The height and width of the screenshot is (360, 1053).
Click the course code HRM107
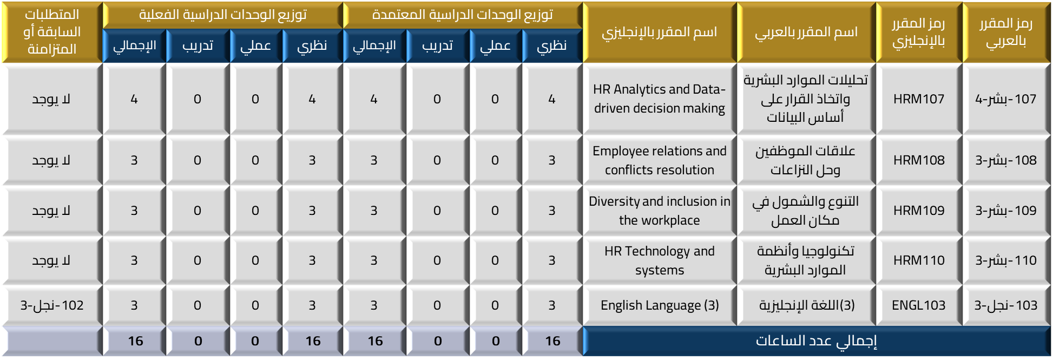click(x=919, y=99)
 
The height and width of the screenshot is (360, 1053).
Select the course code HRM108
click(x=919, y=160)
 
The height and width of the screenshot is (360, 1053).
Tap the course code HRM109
click(x=919, y=211)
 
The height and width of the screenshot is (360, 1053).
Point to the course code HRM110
click(x=919, y=260)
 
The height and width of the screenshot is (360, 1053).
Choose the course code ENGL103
click(x=919, y=305)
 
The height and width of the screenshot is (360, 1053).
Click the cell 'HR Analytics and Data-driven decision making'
click(x=660, y=99)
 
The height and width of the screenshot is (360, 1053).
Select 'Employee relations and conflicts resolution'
click(x=660, y=160)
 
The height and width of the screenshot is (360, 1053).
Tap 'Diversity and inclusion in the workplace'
click(x=660, y=211)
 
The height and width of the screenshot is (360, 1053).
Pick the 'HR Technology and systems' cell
click(x=660, y=260)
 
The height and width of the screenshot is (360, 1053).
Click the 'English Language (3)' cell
click(x=660, y=305)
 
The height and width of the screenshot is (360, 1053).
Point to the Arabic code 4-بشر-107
click(x=1006, y=99)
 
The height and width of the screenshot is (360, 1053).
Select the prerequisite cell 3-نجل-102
click(x=52, y=305)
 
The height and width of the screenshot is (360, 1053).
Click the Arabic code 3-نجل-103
click(x=1006, y=305)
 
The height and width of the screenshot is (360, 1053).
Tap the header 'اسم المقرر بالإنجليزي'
click(x=660, y=32)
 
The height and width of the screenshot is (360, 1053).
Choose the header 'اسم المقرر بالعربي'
click(x=806, y=32)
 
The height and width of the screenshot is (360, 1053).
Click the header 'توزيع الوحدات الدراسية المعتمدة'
click(x=463, y=15)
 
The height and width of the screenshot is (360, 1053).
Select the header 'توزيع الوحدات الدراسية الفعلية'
click(x=223, y=15)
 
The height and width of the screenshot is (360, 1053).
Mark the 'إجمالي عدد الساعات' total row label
click(x=817, y=341)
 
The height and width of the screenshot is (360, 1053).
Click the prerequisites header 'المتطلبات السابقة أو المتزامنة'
click(x=52, y=32)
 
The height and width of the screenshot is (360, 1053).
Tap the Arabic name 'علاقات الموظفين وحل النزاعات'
click(x=806, y=160)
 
